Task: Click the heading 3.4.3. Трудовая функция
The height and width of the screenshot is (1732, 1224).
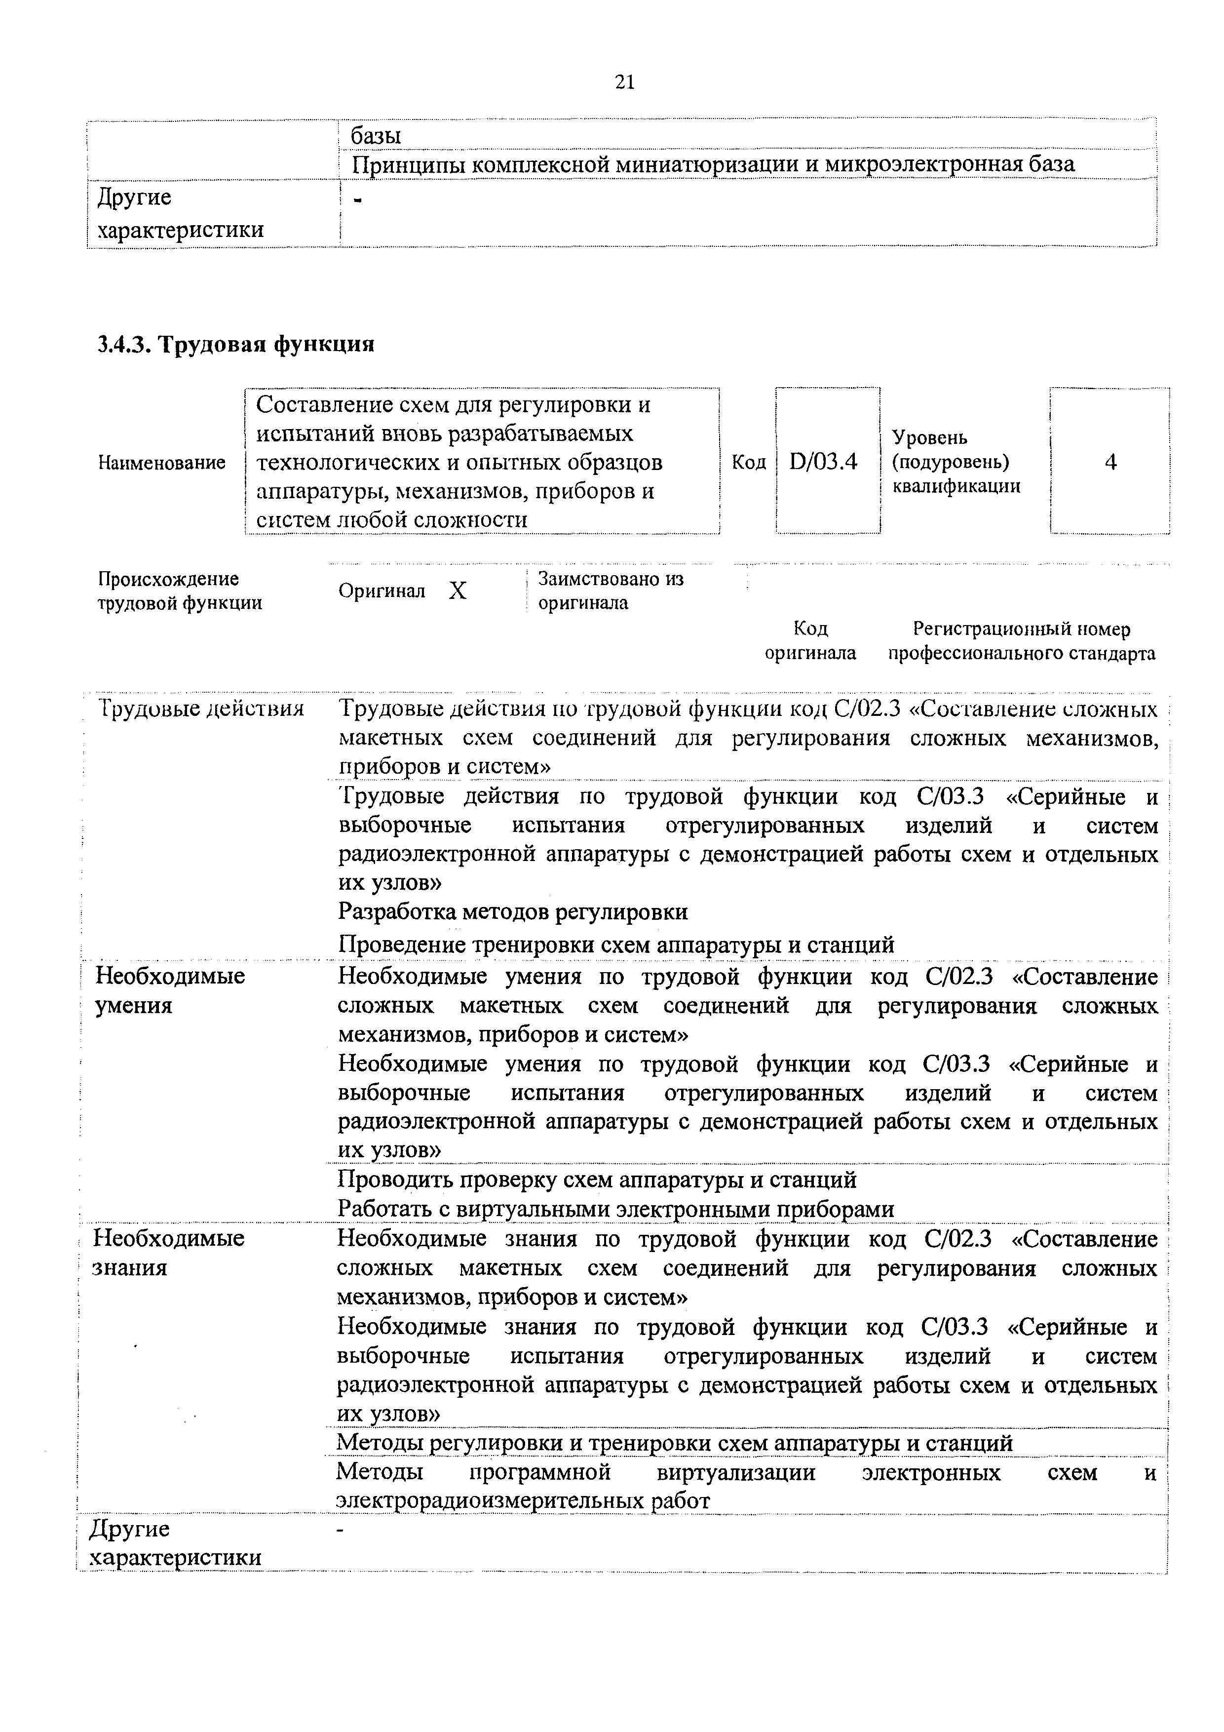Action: [x=236, y=345]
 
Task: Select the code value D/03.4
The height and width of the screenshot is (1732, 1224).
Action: [x=824, y=462]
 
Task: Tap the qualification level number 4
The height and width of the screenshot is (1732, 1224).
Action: [x=1110, y=462]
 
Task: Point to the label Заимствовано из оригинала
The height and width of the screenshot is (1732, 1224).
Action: [x=610, y=590]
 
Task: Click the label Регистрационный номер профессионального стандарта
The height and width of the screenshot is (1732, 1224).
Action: [x=1021, y=641]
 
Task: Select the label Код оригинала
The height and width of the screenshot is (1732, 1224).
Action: [x=811, y=641]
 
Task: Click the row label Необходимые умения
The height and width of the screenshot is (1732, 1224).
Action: [x=170, y=990]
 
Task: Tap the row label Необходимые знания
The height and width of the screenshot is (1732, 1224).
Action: [x=168, y=1252]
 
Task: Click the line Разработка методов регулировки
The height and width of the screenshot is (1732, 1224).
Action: [x=513, y=912]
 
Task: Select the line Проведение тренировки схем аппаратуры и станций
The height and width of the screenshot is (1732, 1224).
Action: [x=615, y=945]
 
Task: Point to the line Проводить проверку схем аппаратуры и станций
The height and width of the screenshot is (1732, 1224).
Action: [x=597, y=1179]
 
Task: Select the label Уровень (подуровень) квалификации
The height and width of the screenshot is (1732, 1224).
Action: [x=956, y=462]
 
